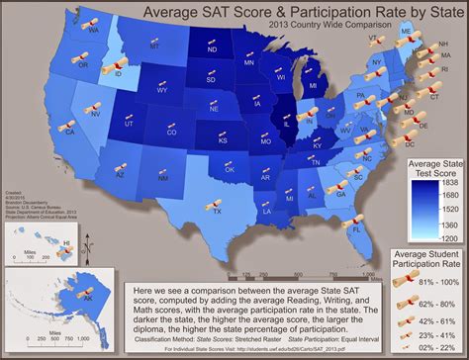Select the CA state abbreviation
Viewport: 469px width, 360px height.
pos(70,130)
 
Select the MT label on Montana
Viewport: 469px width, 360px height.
pos(153,46)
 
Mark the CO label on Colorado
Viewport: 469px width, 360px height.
pos(172,132)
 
